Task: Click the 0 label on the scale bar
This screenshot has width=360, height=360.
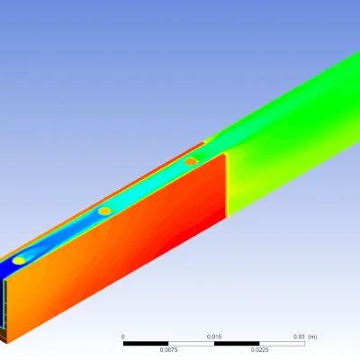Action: [x=122, y=337]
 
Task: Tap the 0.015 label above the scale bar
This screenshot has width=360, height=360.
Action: [x=214, y=337]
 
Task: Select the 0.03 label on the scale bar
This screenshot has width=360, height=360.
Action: [x=299, y=337]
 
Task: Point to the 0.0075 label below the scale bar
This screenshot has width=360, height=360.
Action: [x=168, y=350]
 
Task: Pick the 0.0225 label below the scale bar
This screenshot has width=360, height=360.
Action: [x=259, y=350]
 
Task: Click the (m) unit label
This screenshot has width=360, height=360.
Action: [x=312, y=337]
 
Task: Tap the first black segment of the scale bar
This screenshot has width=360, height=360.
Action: [x=146, y=344]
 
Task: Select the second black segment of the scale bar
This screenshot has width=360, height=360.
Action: [x=237, y=344]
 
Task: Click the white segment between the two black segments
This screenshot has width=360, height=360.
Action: [x=191, y=344]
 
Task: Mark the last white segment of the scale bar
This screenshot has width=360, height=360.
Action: [x=282, y=344]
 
